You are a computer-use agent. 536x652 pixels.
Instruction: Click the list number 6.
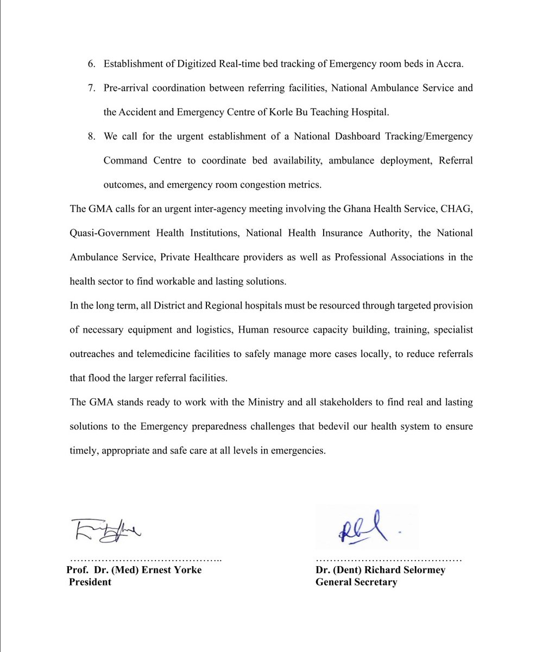[x=91, y=64]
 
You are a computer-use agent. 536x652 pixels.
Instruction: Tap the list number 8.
[x=91, y=136]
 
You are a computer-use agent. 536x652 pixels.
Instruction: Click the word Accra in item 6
[x=450, y=64]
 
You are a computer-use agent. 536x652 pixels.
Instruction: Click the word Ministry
[x=238, y=402]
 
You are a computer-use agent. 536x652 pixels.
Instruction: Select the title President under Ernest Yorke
[x=90, y=582]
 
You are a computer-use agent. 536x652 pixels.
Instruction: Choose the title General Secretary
[x=356, y=582]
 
